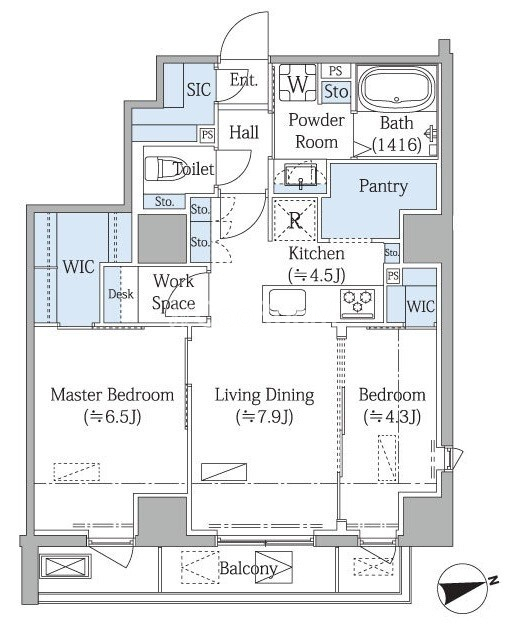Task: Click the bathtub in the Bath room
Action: pos(396,88)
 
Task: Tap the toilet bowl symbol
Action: pos(159,169)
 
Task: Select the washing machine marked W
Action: pos(297,83)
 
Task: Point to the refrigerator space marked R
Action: pos(295,220)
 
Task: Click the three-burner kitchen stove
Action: pos(357,304)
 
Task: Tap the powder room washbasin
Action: pos(300,175)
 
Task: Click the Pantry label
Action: pos(383,186)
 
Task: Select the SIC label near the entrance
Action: pos(198,89)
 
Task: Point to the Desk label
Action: pos(121,294)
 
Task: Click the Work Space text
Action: pos(174,292)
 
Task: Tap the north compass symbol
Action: pos(465,586)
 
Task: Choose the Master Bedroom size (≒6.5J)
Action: pos(112,417)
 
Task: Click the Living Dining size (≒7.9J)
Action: pos(264,417)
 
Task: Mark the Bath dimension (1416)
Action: pos(397,144)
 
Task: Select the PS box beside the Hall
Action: pos(207,135)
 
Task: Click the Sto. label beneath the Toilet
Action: pos(164,202)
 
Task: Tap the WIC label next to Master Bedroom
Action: pos(79,267)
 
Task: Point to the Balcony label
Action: pos(248,568)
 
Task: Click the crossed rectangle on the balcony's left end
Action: pos(66,567)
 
